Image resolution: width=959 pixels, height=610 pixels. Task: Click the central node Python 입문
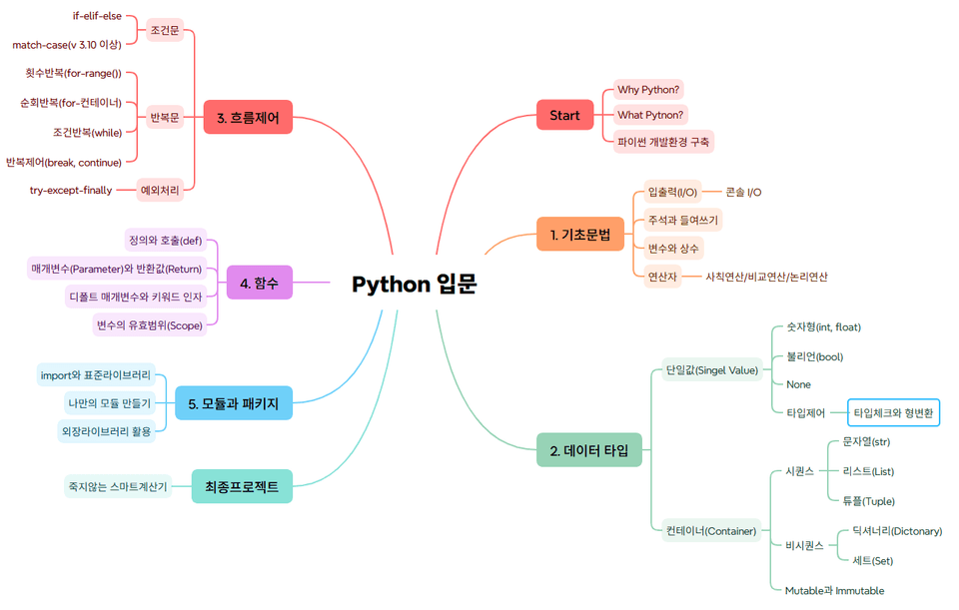tap(414, 285)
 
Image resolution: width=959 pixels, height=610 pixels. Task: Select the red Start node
tap(564, 116)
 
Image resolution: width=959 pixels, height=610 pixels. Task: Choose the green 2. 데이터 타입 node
tap(589, 450)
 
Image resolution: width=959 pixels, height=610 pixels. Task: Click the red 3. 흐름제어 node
tap(248, 117)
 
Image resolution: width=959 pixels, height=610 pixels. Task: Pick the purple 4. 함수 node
tap(259, 283)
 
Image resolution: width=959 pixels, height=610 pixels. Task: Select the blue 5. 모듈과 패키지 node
tap(233, 403)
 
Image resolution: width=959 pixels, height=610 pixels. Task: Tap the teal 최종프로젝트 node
tap(242, 487)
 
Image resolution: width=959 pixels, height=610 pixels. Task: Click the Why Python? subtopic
tap(648, 90)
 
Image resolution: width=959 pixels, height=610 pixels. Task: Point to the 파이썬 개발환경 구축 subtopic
tap(663, 142)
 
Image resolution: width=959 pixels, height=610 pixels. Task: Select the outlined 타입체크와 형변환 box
tap(894, 412)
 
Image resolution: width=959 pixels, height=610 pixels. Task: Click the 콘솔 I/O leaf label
tap(743, 192)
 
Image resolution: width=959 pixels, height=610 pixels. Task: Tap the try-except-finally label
tap(71, 190)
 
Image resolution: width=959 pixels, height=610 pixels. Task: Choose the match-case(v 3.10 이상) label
tap(67, 45)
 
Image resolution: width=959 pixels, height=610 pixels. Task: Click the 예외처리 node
tap(160, 189)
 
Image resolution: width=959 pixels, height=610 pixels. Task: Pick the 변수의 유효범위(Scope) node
tap(149, 324)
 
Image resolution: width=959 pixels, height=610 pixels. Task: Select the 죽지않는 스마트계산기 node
tap(118, 487)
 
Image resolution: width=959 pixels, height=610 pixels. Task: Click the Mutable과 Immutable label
tap(834, 590)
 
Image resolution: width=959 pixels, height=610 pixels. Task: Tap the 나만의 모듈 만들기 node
tap(110, 403)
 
